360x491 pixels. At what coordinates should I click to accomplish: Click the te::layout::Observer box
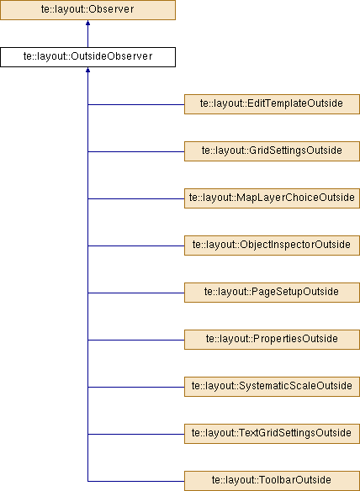pyautogui.click(x=87, y=10)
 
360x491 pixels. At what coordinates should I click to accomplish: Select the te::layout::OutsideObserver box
pyautogui.click(x=87, y=57)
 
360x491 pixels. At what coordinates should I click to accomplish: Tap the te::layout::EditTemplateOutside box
pyautogui.click(x=272, y=104)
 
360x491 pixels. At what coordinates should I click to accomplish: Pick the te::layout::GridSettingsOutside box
pyautogui.click(x=272, y=151)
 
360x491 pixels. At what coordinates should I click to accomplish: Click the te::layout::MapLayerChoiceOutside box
pyautogui.click(x=272, y=198)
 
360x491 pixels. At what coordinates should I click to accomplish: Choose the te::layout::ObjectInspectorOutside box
pyautogui.click(x=272, y=245)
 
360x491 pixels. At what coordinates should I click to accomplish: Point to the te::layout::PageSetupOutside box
pyautogui.click(x=272, y=293)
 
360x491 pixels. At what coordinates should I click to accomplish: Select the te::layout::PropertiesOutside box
pyautogui.click(x=272, y=340)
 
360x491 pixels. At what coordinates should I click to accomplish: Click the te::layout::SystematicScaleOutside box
pyautogui.click(x=272, y=387)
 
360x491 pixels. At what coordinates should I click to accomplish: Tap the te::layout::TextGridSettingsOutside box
pyautogui.click(x=272, y=434)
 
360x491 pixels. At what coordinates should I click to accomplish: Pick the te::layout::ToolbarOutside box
pyautogui.click(x=272, y=481)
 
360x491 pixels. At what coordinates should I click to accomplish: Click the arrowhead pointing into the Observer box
pyautogui.click(x=87, y=23)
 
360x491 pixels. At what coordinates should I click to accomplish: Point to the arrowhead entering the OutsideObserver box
pyautogui.click(x=87, y=70)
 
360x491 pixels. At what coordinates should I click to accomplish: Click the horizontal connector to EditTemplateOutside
pyautogui.click(x=136, y=104)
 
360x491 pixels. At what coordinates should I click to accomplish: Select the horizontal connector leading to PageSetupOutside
pyautogui.click(x=136, y=293)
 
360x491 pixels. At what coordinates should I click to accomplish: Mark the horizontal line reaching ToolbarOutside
pyautogui.click(x=136, y=481)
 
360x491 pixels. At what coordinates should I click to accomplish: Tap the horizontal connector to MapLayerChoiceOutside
pyautogui.click(x=136, y=198)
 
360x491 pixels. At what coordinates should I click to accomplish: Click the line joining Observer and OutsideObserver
pyautogui.click(x=87, y=34)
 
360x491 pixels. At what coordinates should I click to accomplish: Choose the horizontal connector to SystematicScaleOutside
pyautogui.click(x=136, y=387)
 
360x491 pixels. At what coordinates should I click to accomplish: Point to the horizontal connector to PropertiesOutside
pyautogui.click(x=136, y=340)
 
